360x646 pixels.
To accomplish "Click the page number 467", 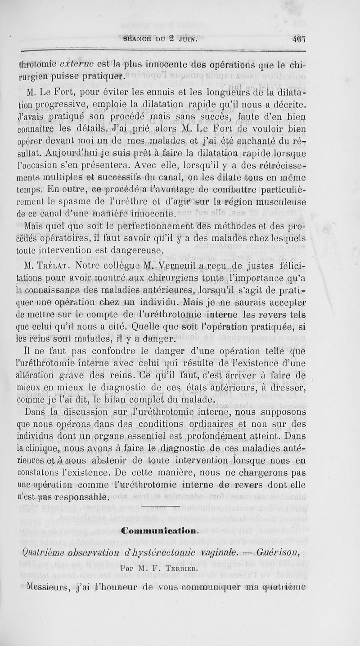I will click(298, 39).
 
